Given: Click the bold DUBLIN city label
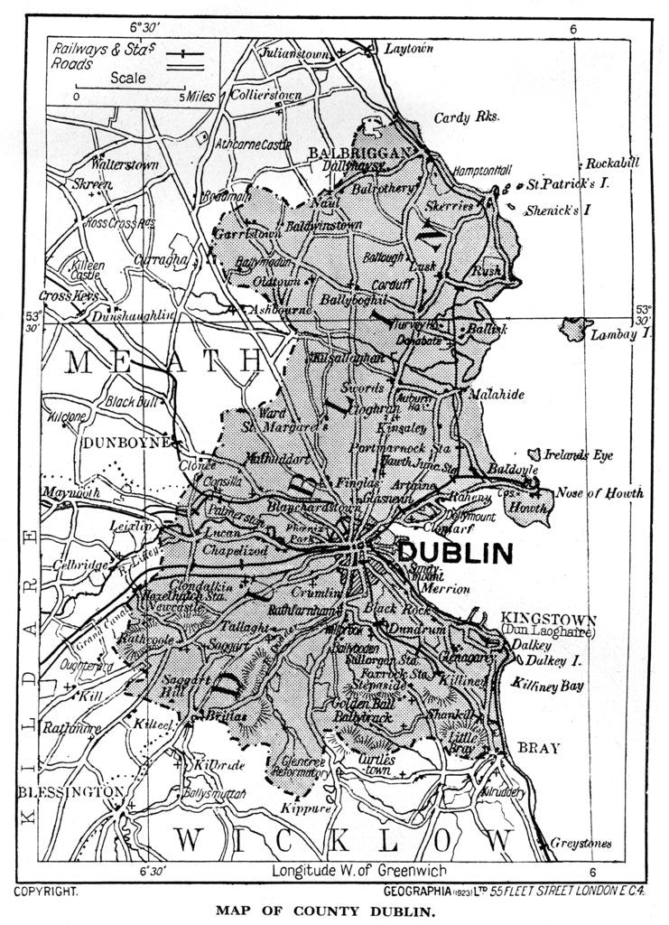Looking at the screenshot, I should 455,552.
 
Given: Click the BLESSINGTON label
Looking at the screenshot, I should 70,792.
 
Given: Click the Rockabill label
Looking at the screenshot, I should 612,164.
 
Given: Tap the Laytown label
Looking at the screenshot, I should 410,48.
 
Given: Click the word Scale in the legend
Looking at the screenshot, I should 128,78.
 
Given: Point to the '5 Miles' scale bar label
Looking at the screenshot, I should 197,95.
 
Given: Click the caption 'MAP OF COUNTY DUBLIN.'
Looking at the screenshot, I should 333,911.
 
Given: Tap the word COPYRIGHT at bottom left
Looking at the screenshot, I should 45,891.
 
